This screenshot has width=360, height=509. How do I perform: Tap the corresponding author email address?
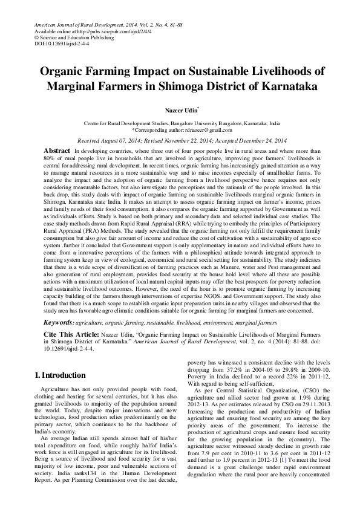[x=205, y=130]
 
